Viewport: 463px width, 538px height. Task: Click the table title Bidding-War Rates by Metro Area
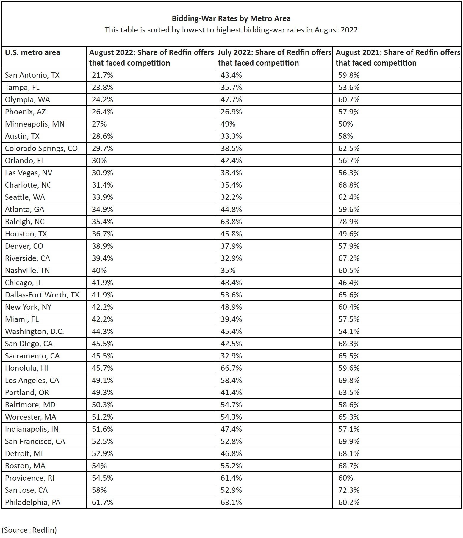(231, 18)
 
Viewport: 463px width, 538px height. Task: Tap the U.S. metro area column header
(32, 53)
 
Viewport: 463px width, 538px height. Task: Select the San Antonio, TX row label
(32, 75)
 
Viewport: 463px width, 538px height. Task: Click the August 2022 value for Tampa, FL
(102, 87)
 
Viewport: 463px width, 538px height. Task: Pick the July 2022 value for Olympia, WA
(231, 99)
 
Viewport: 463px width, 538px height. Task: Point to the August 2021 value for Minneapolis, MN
(345, 124)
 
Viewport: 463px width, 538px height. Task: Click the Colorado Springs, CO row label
(41, 148)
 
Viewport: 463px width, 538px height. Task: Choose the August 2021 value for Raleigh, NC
(349, 222)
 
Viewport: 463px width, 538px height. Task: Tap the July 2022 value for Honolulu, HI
(231, 368)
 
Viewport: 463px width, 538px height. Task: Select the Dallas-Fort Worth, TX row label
(42, 295)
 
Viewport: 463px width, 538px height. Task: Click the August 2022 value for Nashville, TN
(99, 270)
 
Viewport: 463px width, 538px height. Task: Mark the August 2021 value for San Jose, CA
(349, 490)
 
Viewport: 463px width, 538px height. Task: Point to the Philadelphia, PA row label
(33, 502)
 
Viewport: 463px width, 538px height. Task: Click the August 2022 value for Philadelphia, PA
(102, 502)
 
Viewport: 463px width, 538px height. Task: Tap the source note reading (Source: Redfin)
(29, 530)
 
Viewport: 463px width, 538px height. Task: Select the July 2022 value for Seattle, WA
(231, 197)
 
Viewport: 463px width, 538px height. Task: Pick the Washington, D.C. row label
(35, 331)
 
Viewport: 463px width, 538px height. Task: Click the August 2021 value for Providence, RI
(345, 478)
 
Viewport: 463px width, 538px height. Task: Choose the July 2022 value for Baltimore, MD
(231, 405)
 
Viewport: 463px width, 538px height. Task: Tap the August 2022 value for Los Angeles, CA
(102, 380)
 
